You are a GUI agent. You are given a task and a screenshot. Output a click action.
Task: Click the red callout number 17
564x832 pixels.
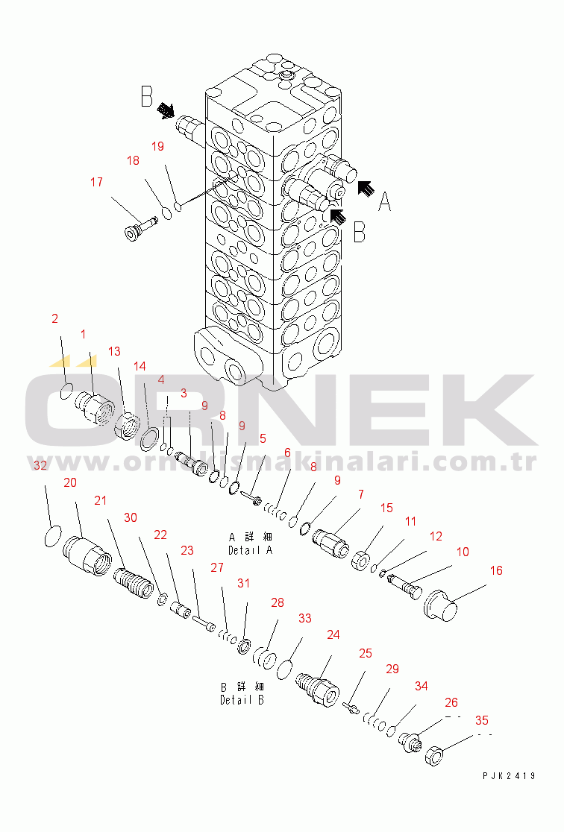96,182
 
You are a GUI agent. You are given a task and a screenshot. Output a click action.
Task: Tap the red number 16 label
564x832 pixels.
496,570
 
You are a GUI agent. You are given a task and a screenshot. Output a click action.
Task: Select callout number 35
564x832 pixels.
482,720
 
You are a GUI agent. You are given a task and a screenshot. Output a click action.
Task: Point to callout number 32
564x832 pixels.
40,465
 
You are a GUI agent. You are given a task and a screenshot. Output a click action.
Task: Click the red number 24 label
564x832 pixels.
333,634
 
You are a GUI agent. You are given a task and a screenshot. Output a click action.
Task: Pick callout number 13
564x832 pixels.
114,351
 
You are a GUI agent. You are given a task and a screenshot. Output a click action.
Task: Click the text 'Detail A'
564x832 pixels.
250,550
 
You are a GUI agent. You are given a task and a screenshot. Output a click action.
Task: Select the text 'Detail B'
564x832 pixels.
242,700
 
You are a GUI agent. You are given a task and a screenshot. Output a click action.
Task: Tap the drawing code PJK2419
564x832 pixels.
509,776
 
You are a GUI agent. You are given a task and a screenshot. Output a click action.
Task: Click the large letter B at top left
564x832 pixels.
146,97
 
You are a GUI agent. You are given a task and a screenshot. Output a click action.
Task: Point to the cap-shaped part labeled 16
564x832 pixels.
440,605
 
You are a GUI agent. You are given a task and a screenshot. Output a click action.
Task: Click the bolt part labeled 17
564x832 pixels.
140,228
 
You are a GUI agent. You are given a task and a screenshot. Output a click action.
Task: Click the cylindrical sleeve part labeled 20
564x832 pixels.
87,555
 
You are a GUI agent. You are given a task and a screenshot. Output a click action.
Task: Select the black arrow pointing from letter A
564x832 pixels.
364,189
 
